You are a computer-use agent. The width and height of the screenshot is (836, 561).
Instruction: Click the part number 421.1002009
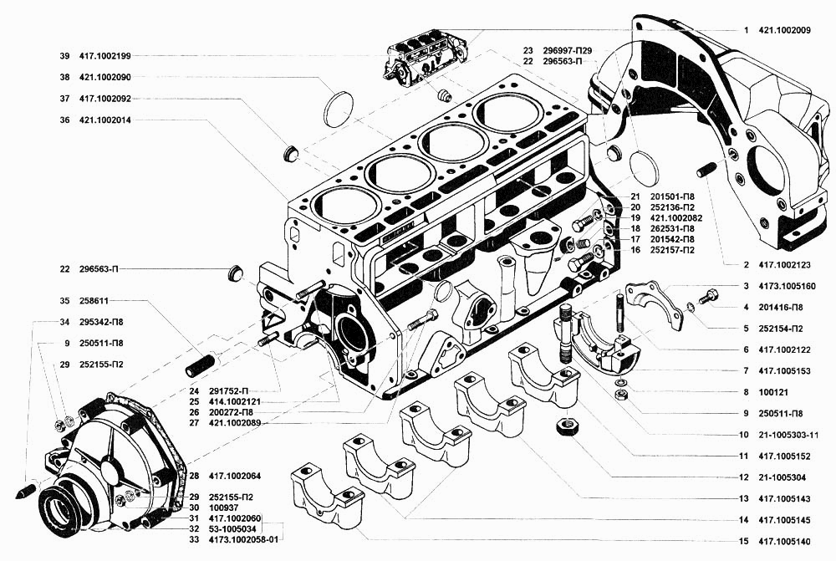tap(784, 30)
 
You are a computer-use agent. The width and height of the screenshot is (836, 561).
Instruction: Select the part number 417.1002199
tap(105, 56)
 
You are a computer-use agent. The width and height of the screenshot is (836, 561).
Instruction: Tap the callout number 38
tap(64, 77)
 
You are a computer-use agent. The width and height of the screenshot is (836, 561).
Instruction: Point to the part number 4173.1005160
tap(787, 287)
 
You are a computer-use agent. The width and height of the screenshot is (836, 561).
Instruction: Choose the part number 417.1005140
tap(784, 542)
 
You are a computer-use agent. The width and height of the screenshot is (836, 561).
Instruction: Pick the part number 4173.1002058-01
tap(243, 539)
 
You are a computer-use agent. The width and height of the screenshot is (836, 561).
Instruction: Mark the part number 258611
tap(94, 301)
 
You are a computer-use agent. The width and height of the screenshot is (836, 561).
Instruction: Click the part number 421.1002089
tap(235, 423)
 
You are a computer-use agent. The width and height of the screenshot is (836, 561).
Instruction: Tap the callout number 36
tap(64, 120)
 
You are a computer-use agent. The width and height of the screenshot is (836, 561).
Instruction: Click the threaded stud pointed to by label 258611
tap(200, 365)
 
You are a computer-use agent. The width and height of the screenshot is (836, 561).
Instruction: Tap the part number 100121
tap(773, 392)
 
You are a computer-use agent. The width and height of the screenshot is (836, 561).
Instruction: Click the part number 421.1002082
tap(676, 218)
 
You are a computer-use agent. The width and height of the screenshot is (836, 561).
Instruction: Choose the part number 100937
tap(223, 507)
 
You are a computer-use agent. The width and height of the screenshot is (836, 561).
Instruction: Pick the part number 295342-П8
tap(101, 322)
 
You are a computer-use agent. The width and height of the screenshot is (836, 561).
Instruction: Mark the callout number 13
tap(744, 499)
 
